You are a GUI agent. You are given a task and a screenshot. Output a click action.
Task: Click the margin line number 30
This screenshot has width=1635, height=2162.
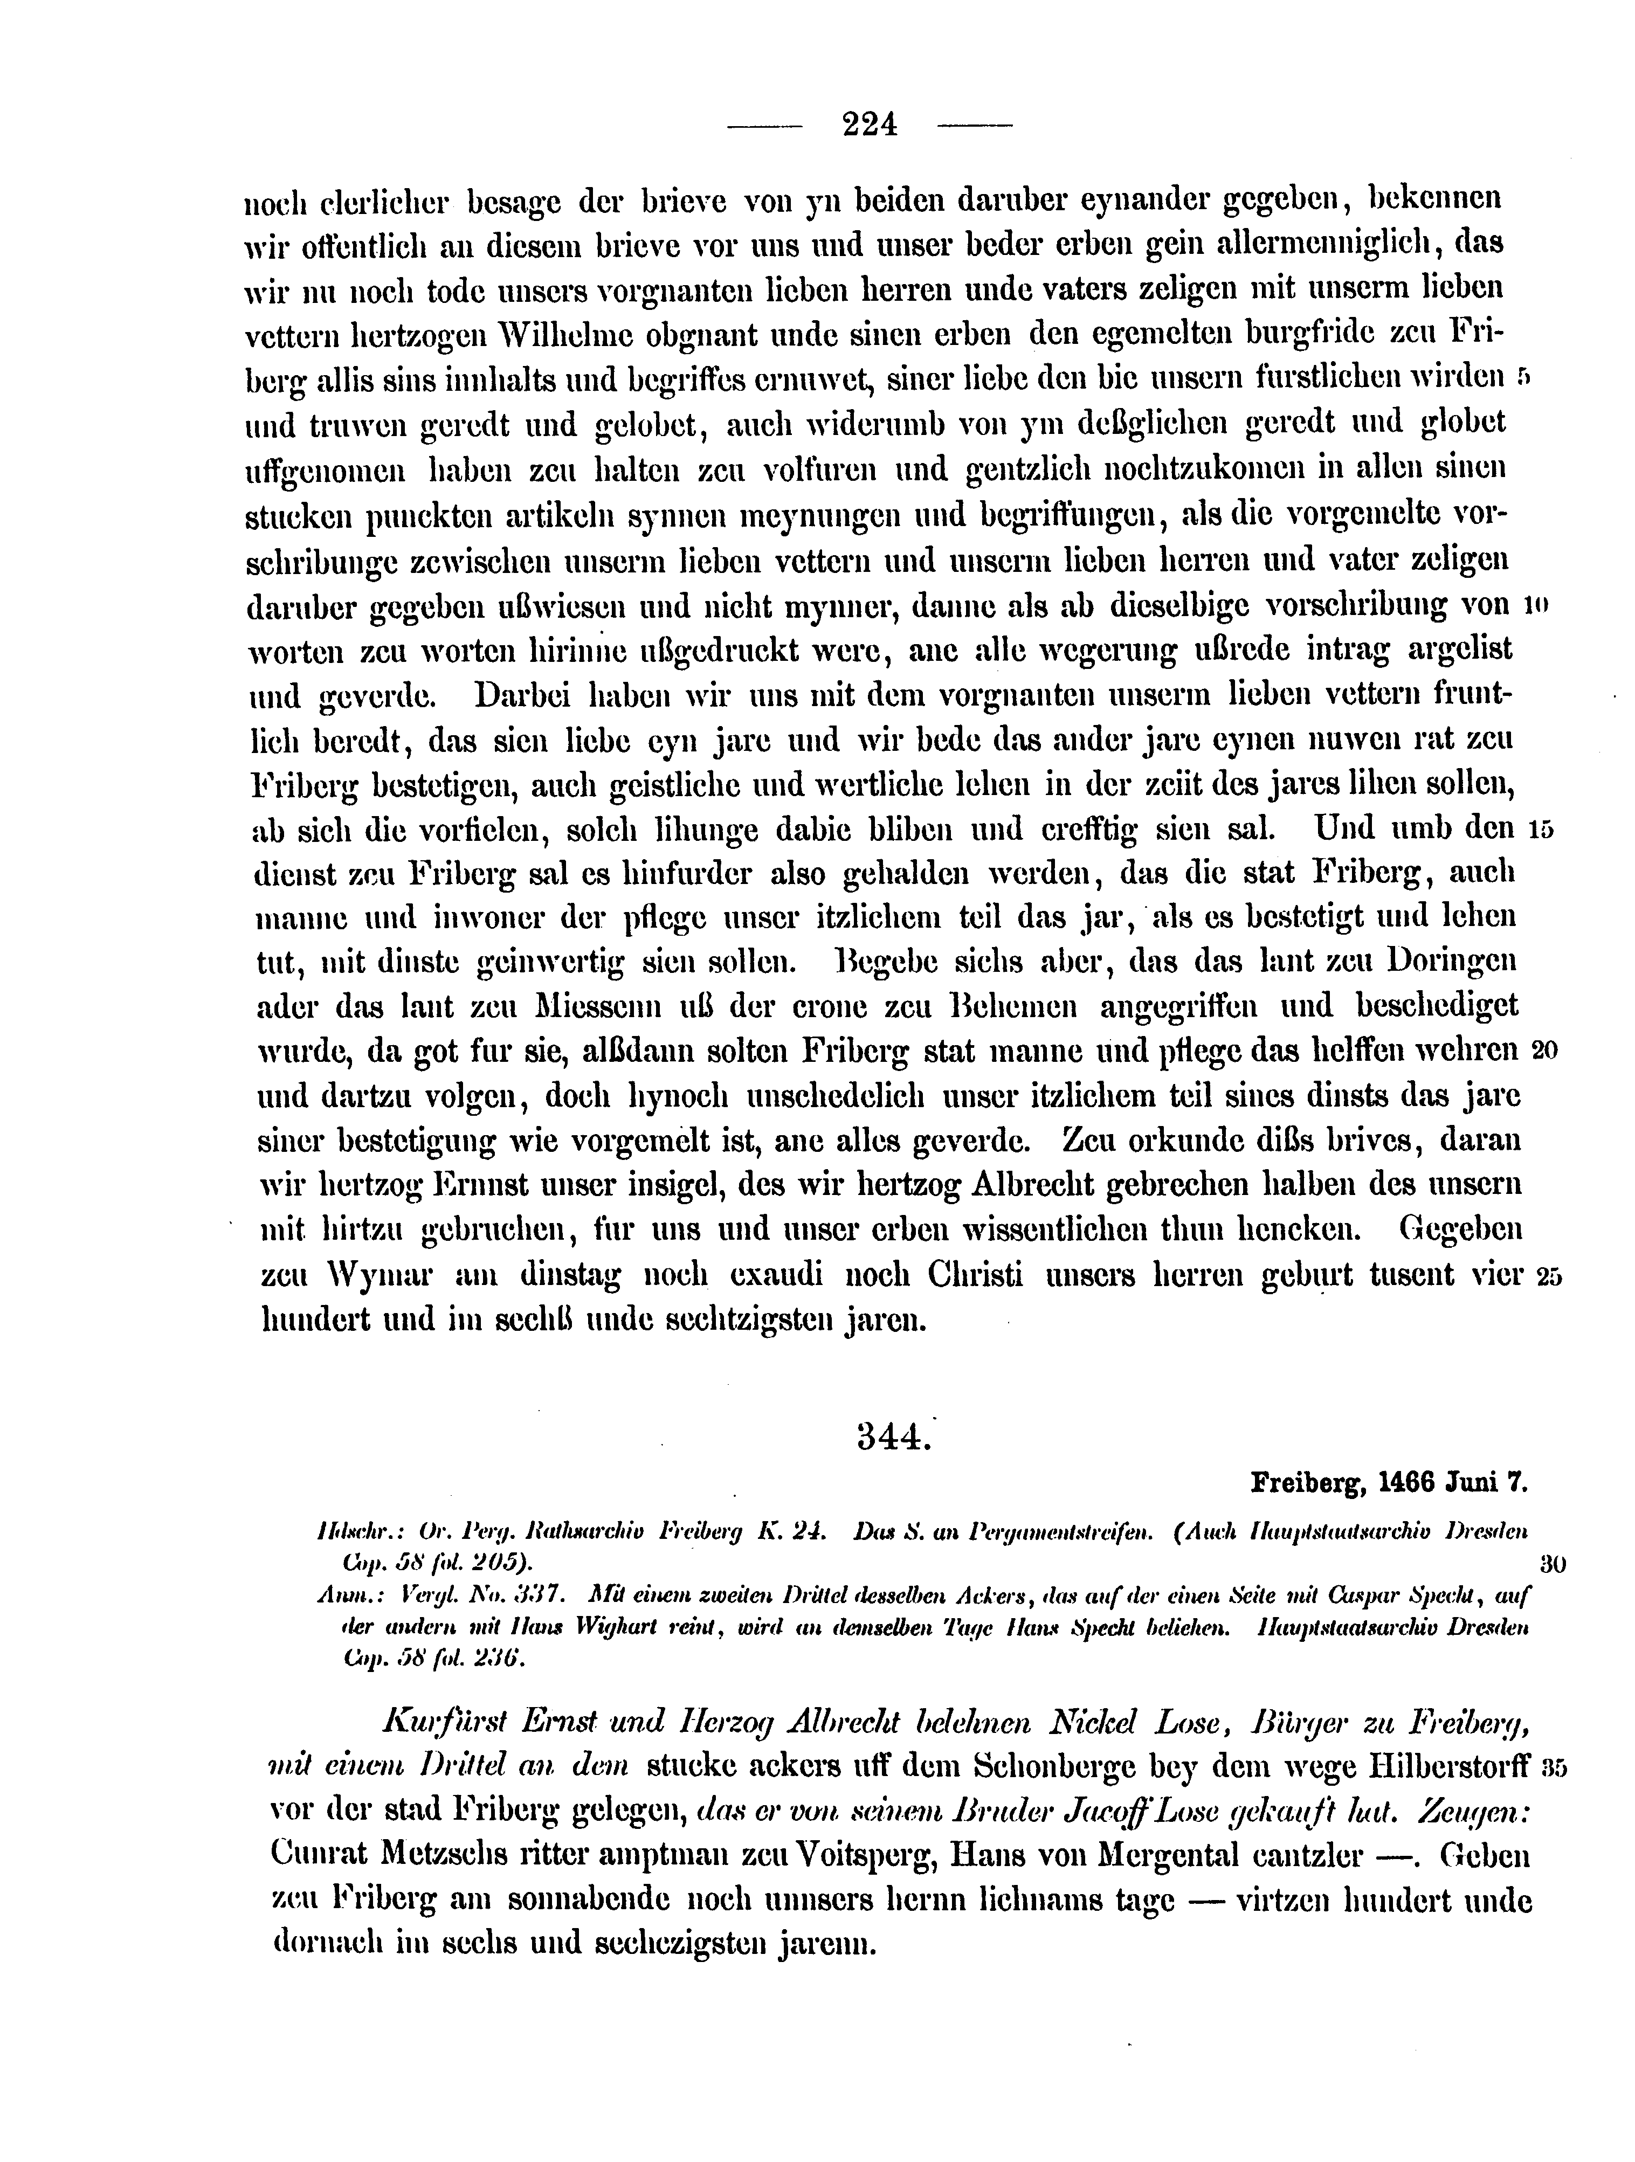click(1552, 1564)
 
